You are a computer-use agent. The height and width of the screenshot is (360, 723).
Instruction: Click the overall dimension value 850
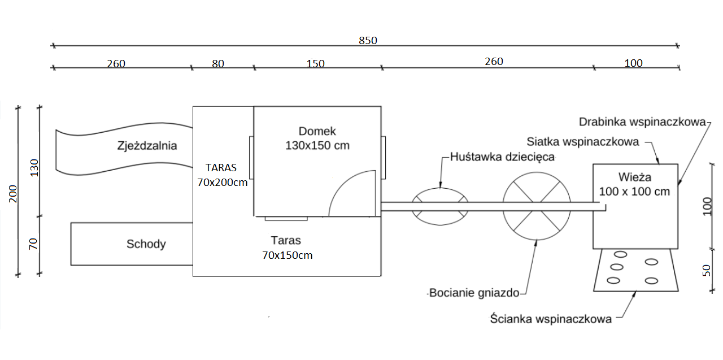368,41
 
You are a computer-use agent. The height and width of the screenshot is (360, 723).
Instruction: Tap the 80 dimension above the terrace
218,64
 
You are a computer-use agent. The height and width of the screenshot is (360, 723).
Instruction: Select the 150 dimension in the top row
315,64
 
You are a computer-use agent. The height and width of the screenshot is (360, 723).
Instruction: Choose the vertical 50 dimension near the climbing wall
707,270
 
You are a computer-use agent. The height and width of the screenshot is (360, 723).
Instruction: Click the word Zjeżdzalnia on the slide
147,146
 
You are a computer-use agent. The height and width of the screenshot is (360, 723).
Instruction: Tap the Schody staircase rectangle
132,244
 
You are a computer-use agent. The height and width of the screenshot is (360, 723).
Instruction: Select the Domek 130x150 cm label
317,138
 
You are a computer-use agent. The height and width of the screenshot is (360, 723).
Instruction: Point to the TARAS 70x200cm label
222,175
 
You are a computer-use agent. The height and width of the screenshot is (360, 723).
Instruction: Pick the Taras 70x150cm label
287,248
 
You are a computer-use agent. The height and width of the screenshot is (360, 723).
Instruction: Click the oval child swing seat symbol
440,206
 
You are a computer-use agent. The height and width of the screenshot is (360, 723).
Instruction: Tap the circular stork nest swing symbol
537,206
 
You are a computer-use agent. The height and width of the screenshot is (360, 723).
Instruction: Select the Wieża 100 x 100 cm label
634,184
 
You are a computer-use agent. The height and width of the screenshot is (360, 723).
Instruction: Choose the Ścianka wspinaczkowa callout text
551,319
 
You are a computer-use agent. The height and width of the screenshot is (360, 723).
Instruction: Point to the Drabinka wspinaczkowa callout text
643,122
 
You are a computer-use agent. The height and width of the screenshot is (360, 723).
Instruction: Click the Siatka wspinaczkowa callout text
583,142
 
